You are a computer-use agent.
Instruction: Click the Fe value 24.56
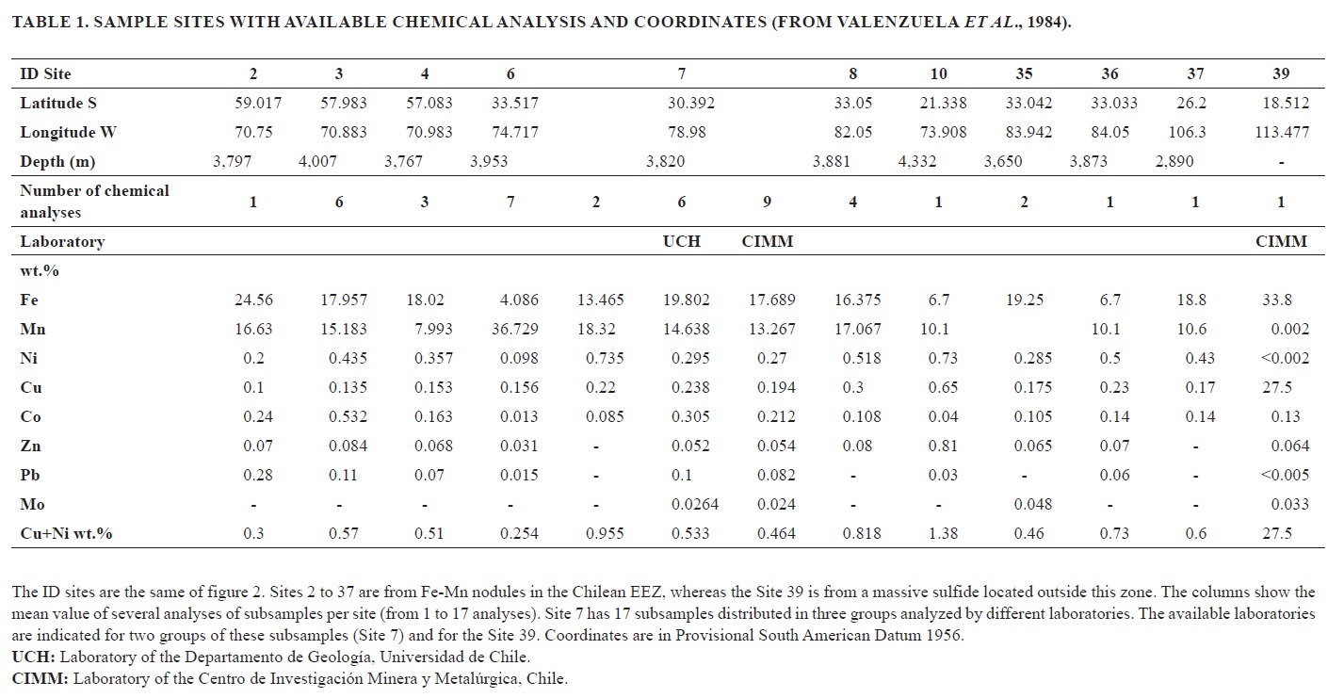tap(253, 300)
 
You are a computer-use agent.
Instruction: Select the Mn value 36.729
tap(510, 330)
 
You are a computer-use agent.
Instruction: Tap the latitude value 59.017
tap(258, 104)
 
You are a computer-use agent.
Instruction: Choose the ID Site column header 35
tap(1024, 74)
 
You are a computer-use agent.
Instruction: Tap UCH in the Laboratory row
tap(681, 242)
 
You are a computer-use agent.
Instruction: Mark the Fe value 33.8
tap(1276, 300)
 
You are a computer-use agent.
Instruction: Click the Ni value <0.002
tap(1282, 359)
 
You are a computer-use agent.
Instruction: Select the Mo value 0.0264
tap(695, 505)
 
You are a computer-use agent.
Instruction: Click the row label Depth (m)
tap(57, 162)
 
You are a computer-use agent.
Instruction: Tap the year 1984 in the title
tap(1050, 23)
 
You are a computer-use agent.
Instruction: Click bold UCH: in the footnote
tap(30, 657)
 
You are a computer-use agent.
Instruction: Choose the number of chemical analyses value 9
tap(767, 202)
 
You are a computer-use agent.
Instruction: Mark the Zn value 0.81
tap(938, 446)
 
